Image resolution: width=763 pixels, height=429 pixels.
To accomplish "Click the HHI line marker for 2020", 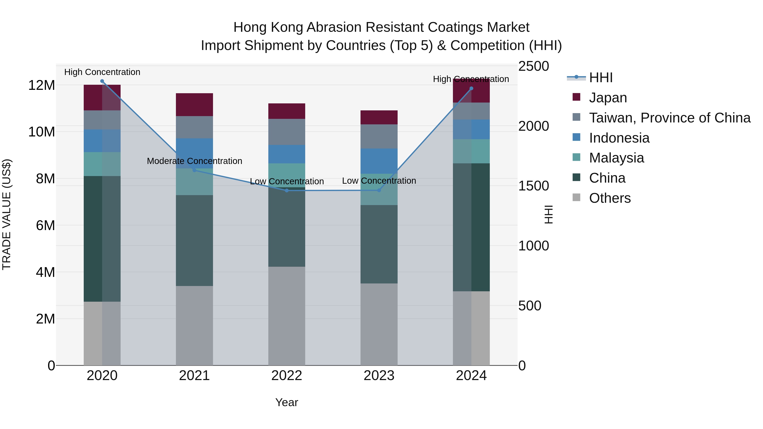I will click(102, 81).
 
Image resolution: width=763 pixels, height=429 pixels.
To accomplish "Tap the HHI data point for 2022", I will click(287, 191).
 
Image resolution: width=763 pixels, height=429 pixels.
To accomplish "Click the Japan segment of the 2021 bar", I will click(194, 104).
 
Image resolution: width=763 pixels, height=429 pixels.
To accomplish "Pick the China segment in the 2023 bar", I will click(379, 244).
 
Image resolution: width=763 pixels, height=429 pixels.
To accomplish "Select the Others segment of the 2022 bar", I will click(287, 316).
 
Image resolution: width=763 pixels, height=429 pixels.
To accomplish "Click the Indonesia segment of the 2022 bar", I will click(287, 154).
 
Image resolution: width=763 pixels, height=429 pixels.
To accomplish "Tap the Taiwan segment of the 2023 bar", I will click(379, 136).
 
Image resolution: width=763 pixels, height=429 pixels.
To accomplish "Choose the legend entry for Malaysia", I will click(616, 158).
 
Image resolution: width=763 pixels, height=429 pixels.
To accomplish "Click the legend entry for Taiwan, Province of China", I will click(669, 118).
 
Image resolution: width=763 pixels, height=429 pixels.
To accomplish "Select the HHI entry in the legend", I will click(600, 78).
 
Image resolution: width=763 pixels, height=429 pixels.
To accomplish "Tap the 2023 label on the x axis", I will click(379, 376).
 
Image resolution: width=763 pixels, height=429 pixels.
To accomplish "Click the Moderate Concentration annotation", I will click(194, 161).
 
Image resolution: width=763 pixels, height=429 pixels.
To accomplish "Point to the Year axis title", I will click(286, 402).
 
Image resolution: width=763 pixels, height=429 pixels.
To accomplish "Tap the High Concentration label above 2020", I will click(102, 72).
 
